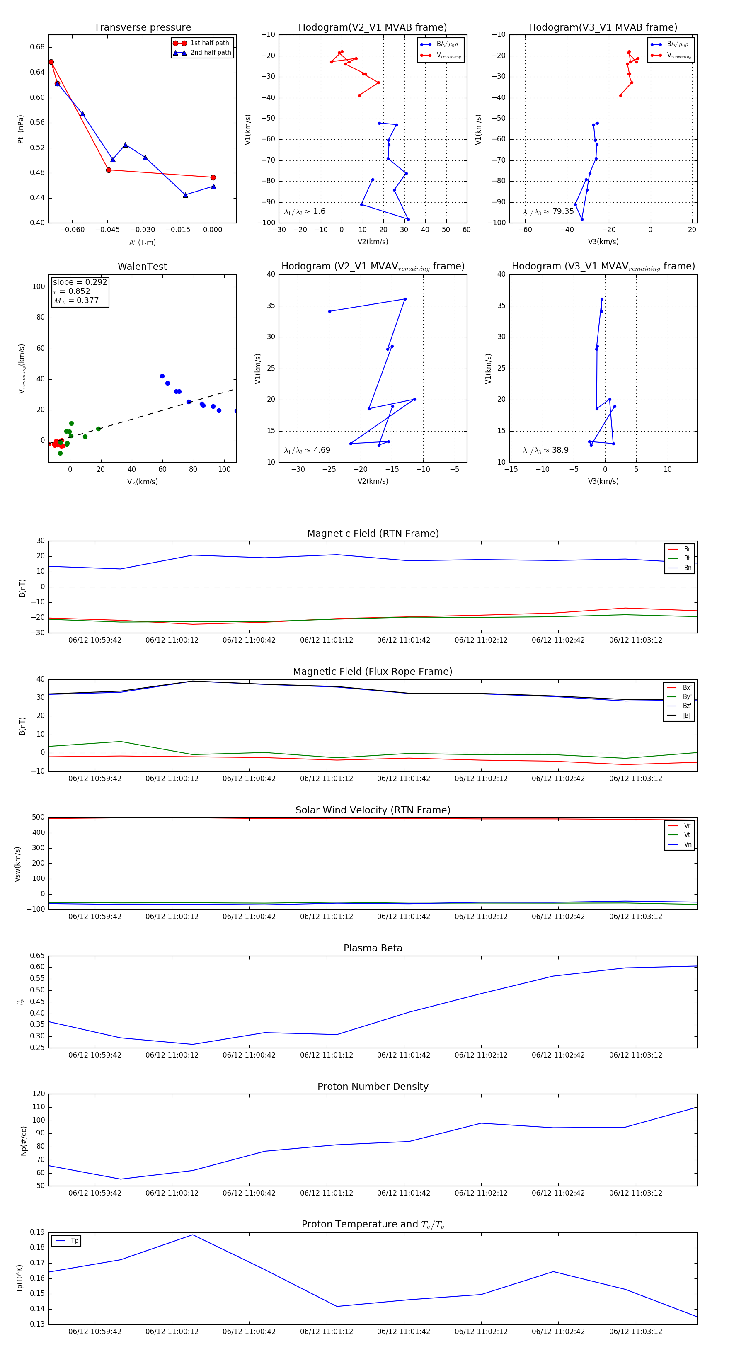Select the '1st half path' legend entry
209,43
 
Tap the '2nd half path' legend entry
210,53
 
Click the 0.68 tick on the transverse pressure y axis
37,47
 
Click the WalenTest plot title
142,267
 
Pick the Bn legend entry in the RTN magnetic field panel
687,568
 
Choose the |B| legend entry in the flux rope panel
686,716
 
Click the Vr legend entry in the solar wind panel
687,826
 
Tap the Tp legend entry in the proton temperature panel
74,1241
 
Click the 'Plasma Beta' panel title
373,948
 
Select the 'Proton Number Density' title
373,1087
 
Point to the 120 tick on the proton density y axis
39,1094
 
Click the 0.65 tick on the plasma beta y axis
37,956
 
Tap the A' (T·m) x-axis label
142,243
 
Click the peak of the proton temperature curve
193,1235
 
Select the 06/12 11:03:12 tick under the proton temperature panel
636,1332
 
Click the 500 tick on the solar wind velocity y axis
38,817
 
